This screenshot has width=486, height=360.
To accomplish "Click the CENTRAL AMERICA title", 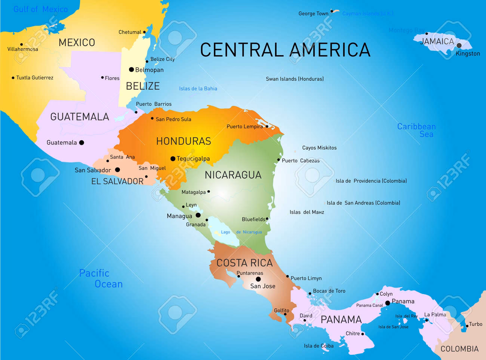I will [285, 50].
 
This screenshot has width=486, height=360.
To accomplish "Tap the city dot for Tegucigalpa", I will [173, 159].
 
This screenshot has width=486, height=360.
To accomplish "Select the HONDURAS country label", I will [184, 141].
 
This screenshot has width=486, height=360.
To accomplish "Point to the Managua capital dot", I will [198, 215].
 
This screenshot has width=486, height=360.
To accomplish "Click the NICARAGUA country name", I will [233, 175].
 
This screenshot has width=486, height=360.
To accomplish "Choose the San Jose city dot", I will [258, 279].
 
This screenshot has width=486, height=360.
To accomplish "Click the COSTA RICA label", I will [244, 263].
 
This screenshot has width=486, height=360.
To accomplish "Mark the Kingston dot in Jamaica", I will [459, 45].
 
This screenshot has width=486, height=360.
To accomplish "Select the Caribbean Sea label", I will [416, 130].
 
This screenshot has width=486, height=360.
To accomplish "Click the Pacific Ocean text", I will [101, 278].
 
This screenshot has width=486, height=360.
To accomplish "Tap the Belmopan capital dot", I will [131, 70].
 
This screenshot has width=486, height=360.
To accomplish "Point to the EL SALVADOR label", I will [117, 181].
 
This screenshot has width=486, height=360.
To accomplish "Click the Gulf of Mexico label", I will [40, 9].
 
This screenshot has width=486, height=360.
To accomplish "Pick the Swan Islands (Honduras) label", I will [295, 79].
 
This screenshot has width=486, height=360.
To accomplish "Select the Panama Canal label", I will [369, 305].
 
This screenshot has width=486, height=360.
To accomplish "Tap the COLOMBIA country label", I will [459, 349].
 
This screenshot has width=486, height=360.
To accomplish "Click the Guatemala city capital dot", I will [81, 143].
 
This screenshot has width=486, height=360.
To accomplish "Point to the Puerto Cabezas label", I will [301, 161].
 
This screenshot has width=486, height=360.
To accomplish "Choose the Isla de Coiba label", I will [319, 346].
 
